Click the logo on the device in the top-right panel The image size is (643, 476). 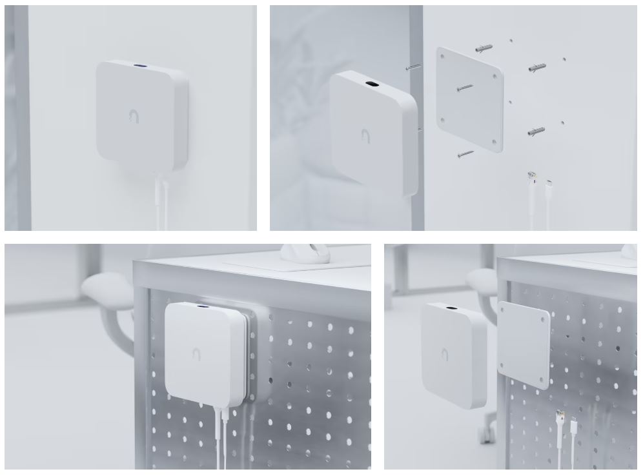tap(365, 136)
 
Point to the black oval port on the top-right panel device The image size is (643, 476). tap(373, 84)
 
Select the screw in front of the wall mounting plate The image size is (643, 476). tap(464, 88)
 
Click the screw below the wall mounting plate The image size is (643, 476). tap(464, 154)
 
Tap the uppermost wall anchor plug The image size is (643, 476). tap(483, 48)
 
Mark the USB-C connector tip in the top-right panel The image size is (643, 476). tap(549, 183)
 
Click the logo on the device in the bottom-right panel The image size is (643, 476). tap(445, 353)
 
